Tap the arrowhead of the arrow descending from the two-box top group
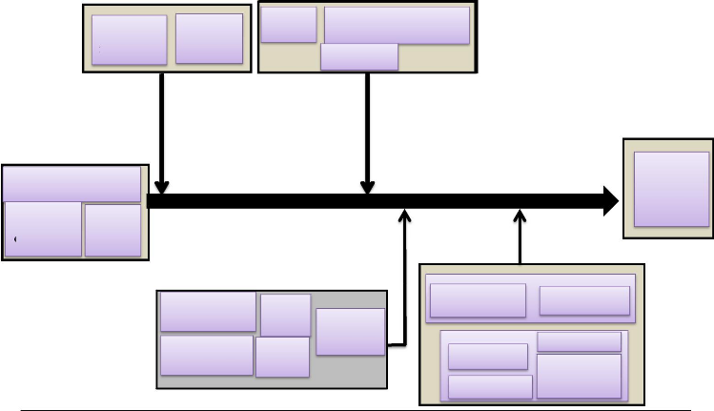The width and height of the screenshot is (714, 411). point(162,186)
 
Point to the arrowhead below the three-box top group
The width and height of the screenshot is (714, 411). point(367,186)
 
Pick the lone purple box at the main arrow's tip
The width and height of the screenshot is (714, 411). point(671,189)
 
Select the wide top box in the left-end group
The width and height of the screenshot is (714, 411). point(72,184)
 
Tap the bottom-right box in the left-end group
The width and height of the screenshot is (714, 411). point(112,230)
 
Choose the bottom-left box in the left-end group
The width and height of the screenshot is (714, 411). point(43,229)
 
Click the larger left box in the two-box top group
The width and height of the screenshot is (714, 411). point(130,40)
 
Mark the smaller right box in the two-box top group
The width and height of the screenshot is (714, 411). point(209,38)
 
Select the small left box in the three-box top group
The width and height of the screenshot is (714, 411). point(288,25)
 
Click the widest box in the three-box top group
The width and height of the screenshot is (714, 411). point(397,25)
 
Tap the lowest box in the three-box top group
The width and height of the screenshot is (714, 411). point(359,57)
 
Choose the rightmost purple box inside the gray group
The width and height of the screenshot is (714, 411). point(350,331)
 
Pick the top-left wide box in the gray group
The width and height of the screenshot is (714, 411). point(208,312)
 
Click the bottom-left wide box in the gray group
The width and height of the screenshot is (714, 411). point(207,355)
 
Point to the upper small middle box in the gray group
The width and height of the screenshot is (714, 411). point(285,315)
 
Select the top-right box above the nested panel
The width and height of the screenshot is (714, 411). point(584,300)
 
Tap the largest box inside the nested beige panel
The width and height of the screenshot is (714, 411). point(579,376)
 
